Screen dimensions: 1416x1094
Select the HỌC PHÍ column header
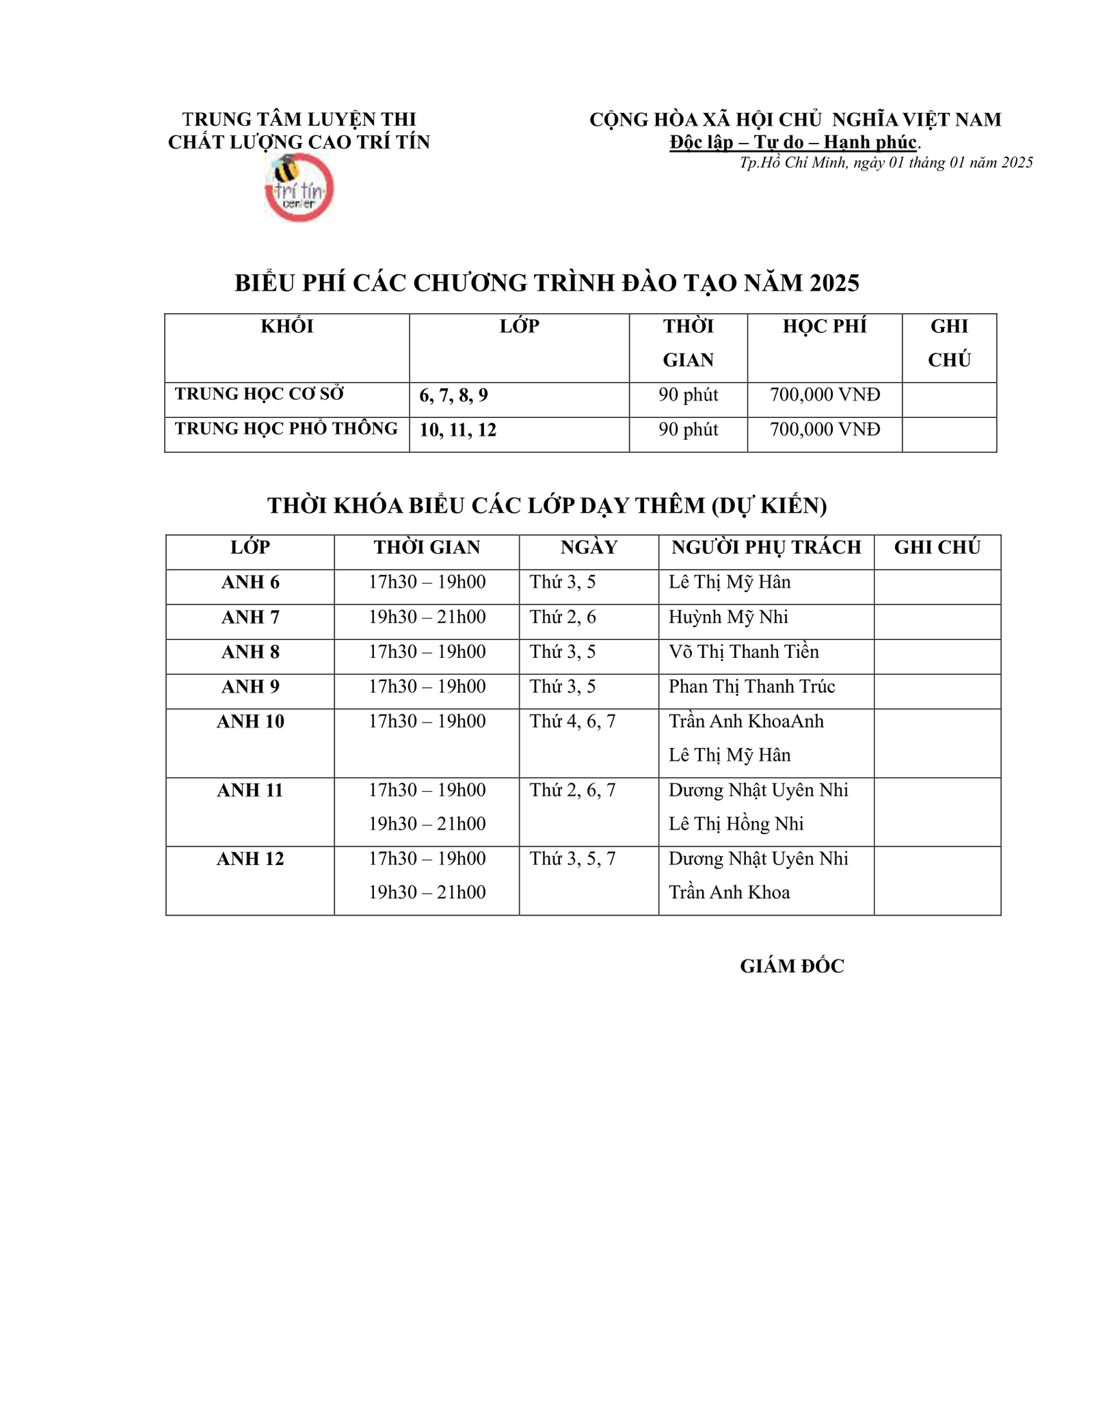click(824, 327)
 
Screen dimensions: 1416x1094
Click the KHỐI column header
click(286, 327)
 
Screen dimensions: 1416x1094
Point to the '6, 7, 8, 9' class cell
click(453, 396)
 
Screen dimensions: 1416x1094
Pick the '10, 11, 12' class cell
click(457, 431)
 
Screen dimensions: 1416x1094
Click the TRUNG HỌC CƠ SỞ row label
click(259, 395)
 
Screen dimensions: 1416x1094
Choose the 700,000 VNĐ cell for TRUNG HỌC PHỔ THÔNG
click(825, 430)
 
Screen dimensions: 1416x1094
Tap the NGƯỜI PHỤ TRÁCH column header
click(766, 548)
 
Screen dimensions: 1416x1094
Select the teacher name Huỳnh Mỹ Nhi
click(728, 617)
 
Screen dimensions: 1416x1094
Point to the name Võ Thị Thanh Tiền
click(743, 652)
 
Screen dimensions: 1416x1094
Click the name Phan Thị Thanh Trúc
click(751, 687)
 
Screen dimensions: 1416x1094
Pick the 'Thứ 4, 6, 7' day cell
click(572, 722)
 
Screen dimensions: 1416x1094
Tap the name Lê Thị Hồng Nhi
click(736, 825)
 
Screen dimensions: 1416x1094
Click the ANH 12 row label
click(250, 859)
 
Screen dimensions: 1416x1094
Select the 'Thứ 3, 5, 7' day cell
click(572, 859)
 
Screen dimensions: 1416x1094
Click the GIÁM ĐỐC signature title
click(792, 967)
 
